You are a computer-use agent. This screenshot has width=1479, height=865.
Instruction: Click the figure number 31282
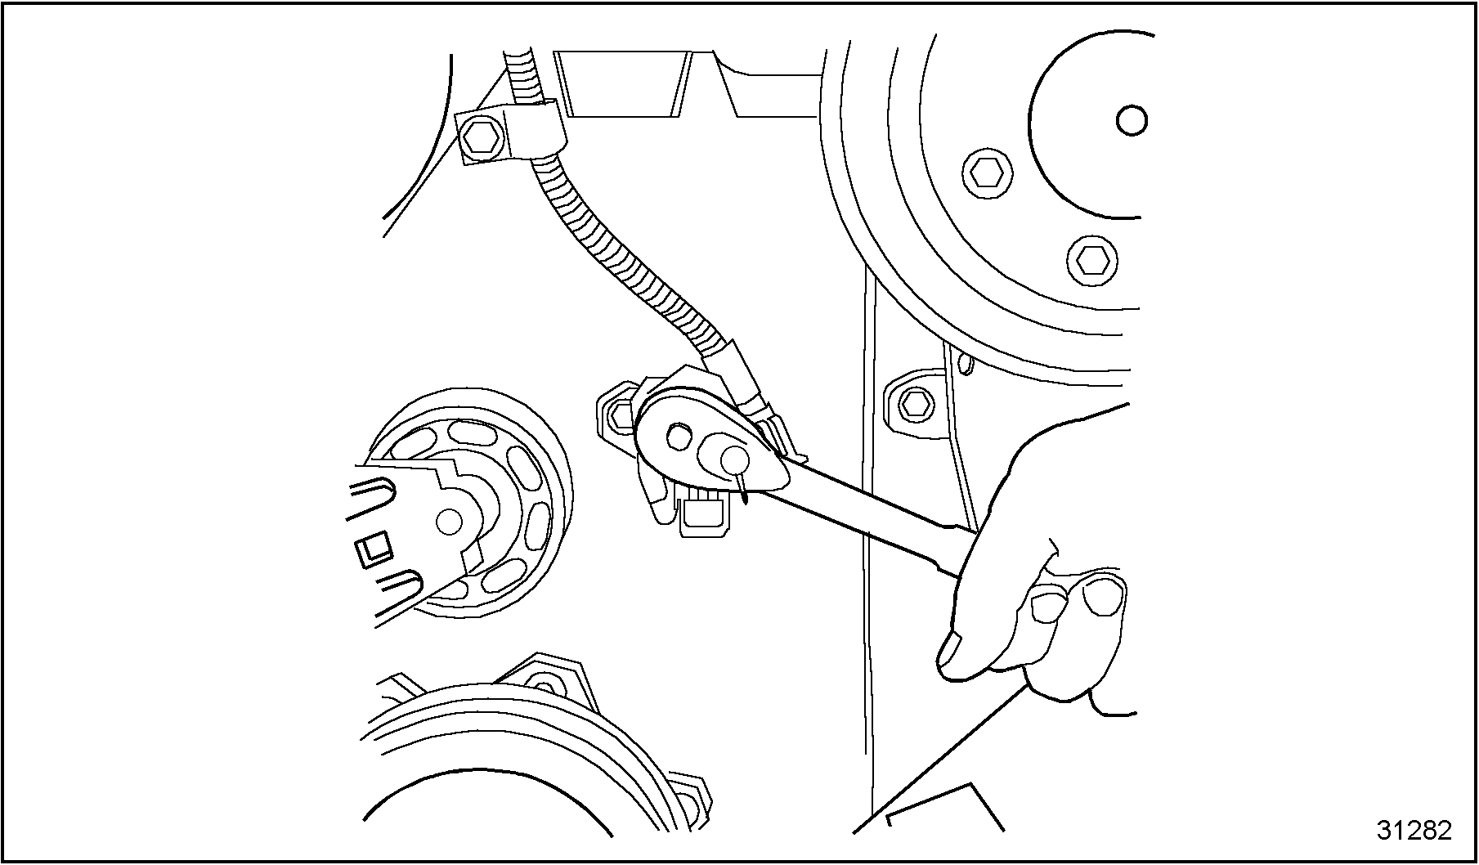(x=1414, y=831)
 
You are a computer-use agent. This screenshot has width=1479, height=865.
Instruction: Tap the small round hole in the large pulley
(x=1132, y=121)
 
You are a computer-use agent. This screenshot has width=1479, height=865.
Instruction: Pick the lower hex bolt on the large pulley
(x=1090, y=259)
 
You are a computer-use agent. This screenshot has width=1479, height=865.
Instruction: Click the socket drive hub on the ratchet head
(x=677, y=436)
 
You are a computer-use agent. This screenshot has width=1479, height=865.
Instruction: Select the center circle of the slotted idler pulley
(x=449, y=520)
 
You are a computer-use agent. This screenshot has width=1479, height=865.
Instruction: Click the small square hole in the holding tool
(x=374, y=549)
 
